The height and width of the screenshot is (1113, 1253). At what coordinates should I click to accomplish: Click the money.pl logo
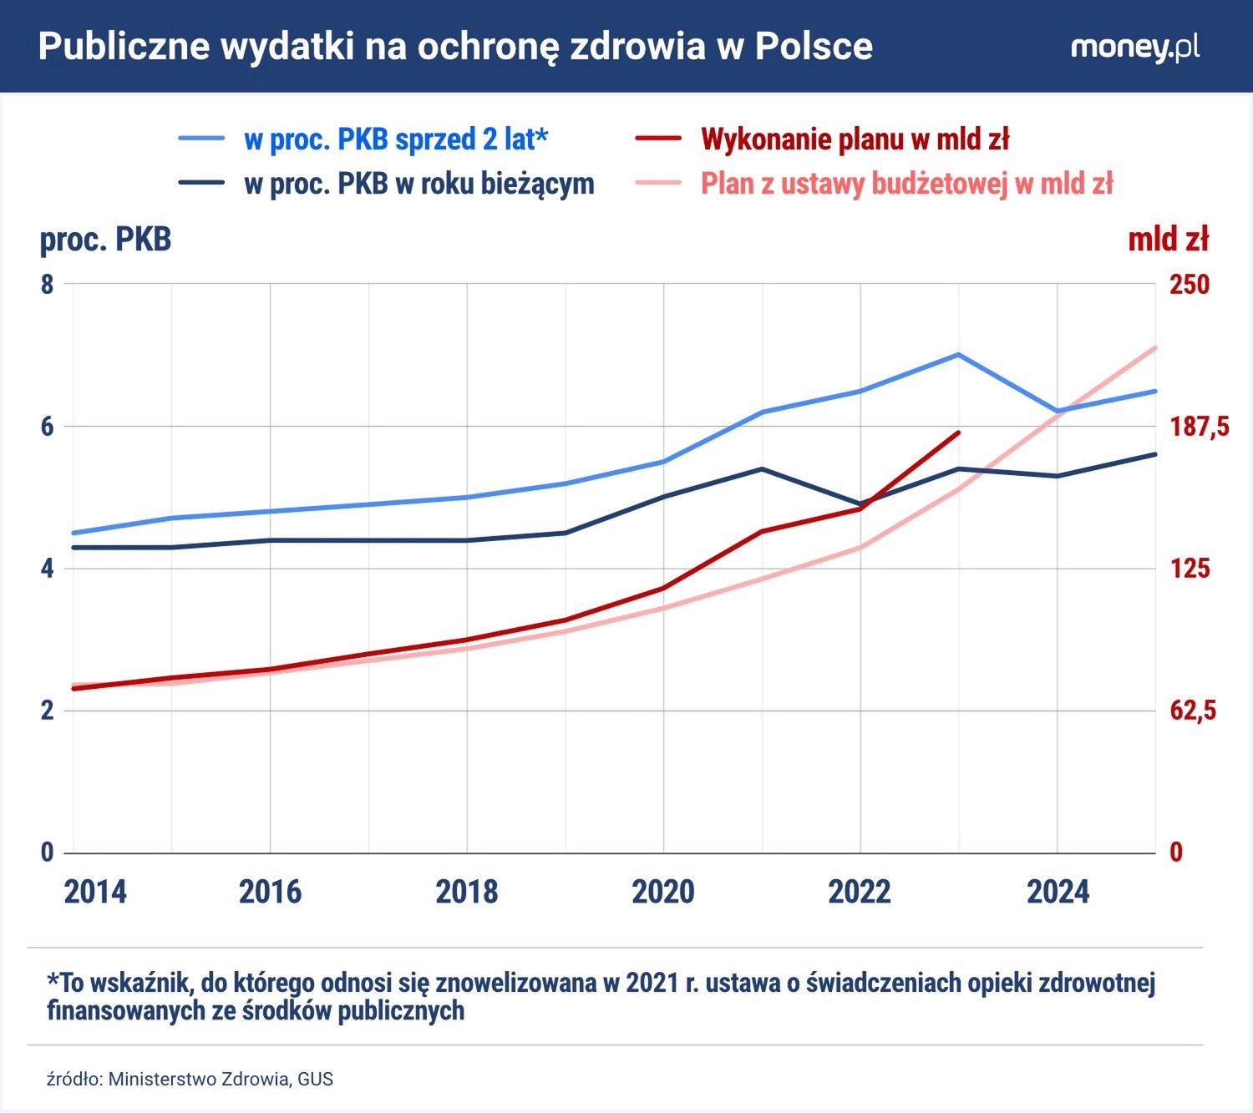(x=1134, y=47)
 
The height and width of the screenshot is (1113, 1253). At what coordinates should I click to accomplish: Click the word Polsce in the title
(x=814, y=47)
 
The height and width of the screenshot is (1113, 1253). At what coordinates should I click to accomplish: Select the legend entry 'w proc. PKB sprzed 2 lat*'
(x=395, y=139)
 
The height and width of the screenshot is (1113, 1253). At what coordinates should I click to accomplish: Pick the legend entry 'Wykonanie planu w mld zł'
(x=855, y=139)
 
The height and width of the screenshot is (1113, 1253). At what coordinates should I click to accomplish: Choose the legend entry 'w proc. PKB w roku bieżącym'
(x=419, y=183)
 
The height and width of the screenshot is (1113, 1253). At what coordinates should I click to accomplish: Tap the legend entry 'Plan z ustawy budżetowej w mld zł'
(x=906, y=183)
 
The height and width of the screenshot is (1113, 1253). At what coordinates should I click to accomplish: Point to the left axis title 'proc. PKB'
(x=105, y=240)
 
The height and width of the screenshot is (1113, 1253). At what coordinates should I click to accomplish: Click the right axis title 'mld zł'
(x=1168, y=240)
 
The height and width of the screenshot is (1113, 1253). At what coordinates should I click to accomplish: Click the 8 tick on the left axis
(x=47, y=284)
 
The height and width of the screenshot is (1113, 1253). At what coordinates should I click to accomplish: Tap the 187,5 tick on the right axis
(x=1199, y=427)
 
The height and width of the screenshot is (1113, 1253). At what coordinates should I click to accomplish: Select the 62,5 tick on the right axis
(x=1192, y=711)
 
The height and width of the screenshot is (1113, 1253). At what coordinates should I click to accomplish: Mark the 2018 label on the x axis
(x=466, y=892)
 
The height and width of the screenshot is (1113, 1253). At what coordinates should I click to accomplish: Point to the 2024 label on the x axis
(x=1058, y=892)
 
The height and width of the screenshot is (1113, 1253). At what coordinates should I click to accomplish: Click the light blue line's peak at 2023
(x=958, y=354)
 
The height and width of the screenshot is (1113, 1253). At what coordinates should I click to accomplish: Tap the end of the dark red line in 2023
(x=959, y=433)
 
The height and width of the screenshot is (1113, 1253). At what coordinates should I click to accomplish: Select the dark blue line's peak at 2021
(x=762, y=468)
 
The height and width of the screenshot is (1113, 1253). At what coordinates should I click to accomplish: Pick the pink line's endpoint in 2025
(x=1155, y=347)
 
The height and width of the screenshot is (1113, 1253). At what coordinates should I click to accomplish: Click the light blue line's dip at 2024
(x=1057, y=411)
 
